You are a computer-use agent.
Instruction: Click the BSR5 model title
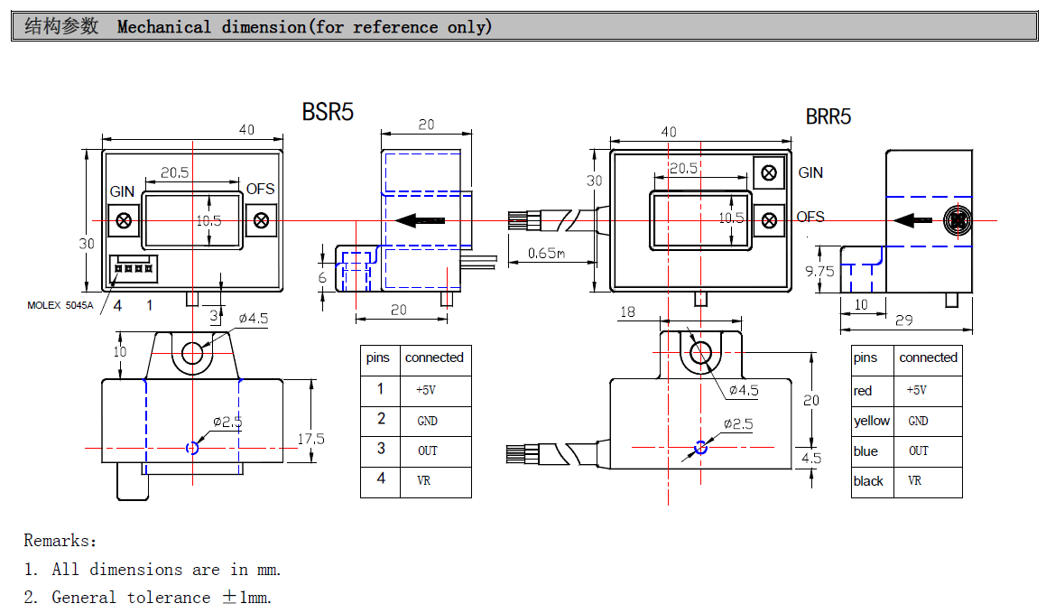click(x=328, y=112)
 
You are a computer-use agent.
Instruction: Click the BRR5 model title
click(x=828, y=116)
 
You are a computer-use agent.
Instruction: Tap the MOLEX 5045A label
click(x=60, y=305)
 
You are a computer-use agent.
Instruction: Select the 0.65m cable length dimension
click(x=546, y=254)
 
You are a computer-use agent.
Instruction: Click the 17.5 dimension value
click(x=310, y=440)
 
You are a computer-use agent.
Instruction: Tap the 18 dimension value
click(x=626, y=311)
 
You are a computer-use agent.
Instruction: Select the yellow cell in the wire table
click(x=872, y=421)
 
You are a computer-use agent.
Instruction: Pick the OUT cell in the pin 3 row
click(x=427, y=450)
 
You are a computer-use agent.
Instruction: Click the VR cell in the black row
click(x=915, y=481)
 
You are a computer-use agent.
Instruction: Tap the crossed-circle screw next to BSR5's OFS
click(x=262, y=219)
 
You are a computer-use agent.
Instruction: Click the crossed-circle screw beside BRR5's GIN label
click(x=769, y=172)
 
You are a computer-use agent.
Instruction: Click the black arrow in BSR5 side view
click(x=421, y=219)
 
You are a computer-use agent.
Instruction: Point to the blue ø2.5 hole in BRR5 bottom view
click(x=701, y=446)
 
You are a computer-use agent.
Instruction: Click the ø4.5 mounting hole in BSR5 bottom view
click(x=192, y=353)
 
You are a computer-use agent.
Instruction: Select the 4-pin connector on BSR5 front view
click(x=130, y=268)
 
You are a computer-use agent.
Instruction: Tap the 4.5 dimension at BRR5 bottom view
click(x=811, y=458)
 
